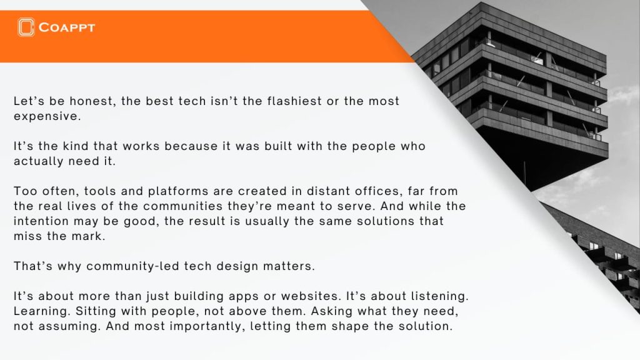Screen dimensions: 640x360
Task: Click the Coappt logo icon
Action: pyautogui.click(x=26, y=27)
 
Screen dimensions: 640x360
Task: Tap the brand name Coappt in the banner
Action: pyautogui.click(x=66, y=27)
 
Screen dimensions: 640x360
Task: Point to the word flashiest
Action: pyautogui.click(x=294, y=101)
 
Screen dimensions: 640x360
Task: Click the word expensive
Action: pyautogui.click(x=47, y=117)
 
